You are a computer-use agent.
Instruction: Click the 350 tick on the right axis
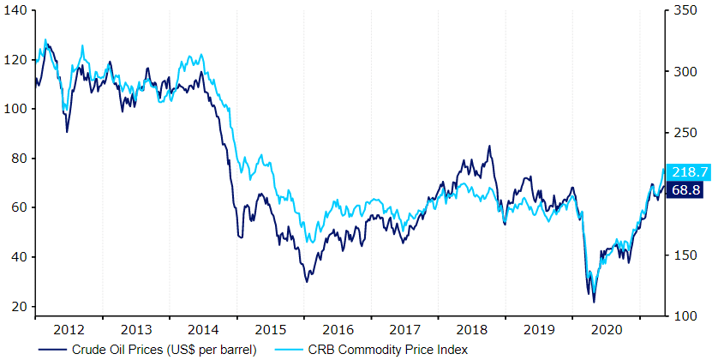(x=684, y=10)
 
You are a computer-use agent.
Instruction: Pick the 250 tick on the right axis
(x=684, y=133)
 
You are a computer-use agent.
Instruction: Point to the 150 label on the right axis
(x=684, y=255)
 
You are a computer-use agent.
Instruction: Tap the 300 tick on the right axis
(x=684, y=72)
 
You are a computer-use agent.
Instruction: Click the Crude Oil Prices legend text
(x=159, y=349)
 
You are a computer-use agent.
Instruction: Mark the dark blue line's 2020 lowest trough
(x=594, y=302)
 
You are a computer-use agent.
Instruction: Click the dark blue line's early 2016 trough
(x=307, y=281)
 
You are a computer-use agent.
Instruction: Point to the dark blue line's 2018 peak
(x=489, y=147)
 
